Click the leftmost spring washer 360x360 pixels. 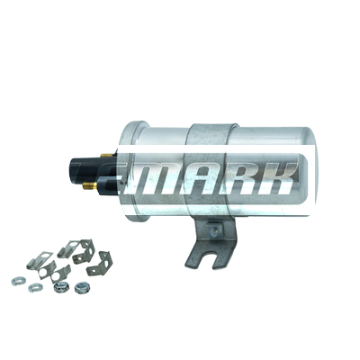pos(17,281)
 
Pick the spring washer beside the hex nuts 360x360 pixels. pos(35,288)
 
